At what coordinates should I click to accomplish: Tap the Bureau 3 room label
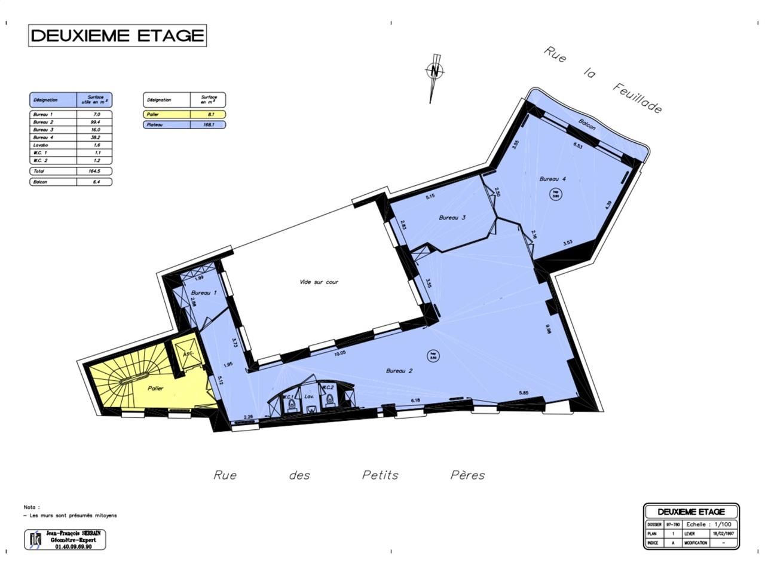pos(452,218)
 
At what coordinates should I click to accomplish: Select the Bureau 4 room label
pos(552,179)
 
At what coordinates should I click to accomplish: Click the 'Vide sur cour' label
pos(319,282)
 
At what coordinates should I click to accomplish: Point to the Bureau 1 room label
pos(204,293)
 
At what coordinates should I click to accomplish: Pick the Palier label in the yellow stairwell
pos(155,389)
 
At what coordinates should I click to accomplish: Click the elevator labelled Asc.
pos(186,354)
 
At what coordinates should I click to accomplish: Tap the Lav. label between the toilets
pos(309,396)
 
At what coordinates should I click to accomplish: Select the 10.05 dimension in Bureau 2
pos(340,353)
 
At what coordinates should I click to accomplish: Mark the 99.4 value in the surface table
pos(94,122)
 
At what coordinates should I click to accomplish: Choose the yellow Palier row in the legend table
pos(184,114)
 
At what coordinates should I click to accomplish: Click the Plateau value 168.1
pos(208,125)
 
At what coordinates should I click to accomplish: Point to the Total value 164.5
pos(94,171)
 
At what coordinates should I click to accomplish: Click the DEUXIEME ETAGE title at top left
pos(117,36)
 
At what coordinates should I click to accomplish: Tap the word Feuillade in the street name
pos(637,97)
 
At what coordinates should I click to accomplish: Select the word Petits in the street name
pos(380,475)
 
